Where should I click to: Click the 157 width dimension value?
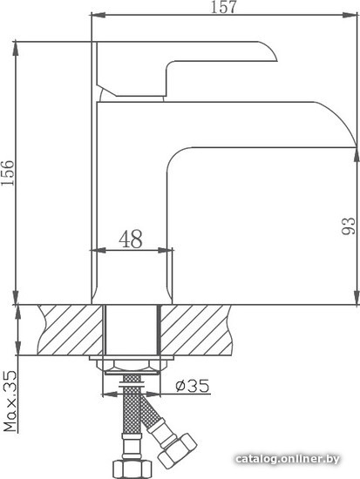point(224,7)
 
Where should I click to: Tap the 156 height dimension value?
point(8,172)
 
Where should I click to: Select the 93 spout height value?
point(349,226)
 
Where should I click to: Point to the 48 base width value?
point(131,239)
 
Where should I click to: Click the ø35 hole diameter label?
point(193,386)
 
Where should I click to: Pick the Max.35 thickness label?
point(10,401)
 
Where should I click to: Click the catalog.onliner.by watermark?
point(288,459)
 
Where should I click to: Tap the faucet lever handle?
point(187,69)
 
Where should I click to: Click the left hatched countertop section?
point(71,329)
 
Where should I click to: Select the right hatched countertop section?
point(196,329)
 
